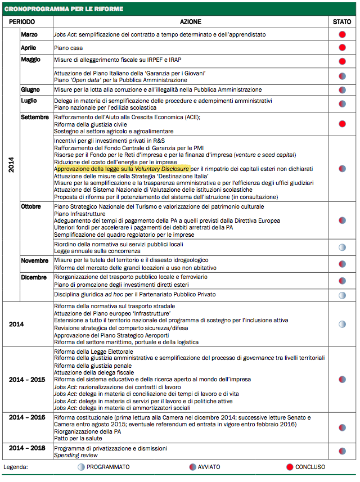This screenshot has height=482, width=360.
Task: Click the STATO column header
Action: (x=341, y=21)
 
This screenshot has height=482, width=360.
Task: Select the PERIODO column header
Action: (x=22, y=21)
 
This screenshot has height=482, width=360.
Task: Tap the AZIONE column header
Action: (x=191, y=21)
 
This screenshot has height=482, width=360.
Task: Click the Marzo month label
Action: (x=29, y=34)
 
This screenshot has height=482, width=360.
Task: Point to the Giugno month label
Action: (x=30, y=89)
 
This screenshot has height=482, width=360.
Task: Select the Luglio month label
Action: (x=29, y=100)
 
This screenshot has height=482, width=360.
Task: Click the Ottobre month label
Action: (x=31, y=206)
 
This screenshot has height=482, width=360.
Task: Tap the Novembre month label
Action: (x=34, y=260)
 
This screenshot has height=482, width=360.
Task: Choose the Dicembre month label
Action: (x=33, y=277)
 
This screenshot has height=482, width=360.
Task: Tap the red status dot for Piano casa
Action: (x=342, y=48)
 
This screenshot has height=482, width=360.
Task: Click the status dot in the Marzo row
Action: (x=342, y=34)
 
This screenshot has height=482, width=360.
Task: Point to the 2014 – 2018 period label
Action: (x=27, y=448)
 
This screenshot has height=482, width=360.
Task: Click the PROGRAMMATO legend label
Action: (x=108, y=467)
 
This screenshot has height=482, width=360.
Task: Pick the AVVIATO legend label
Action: (x=208, y=467)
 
